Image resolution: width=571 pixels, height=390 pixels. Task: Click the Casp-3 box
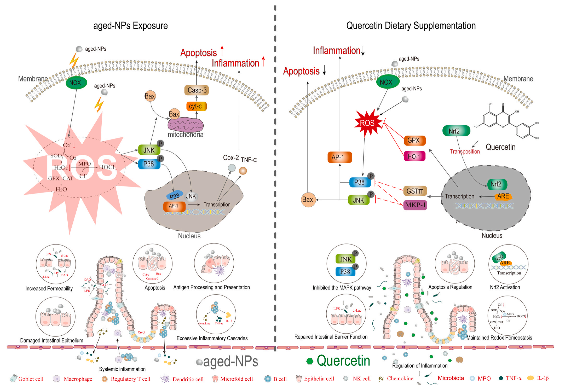[197, 90]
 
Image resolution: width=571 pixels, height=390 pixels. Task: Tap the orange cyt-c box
[196, 106]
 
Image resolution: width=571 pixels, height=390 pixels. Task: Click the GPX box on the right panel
[414, 141]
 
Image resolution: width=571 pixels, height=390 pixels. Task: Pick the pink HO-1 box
[414, 156]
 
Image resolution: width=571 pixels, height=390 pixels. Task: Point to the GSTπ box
[415, 191]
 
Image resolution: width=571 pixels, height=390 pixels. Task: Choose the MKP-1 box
[415, 205]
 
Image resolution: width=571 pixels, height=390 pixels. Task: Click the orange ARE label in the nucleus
[503, 196]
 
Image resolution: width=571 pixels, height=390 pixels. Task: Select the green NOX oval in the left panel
[76, 83]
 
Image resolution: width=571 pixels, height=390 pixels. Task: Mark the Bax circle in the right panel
[308, 200]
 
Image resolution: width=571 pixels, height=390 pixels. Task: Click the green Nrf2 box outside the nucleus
[456, 131]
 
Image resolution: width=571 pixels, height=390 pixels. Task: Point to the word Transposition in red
[465, 152]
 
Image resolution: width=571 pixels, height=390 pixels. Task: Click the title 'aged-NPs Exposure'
[130, 26]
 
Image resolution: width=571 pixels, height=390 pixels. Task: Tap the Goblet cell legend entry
[27, 379]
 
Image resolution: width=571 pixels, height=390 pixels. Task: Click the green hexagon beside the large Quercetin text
[310, 361]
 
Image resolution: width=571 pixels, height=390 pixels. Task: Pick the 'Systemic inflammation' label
[122, 369]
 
